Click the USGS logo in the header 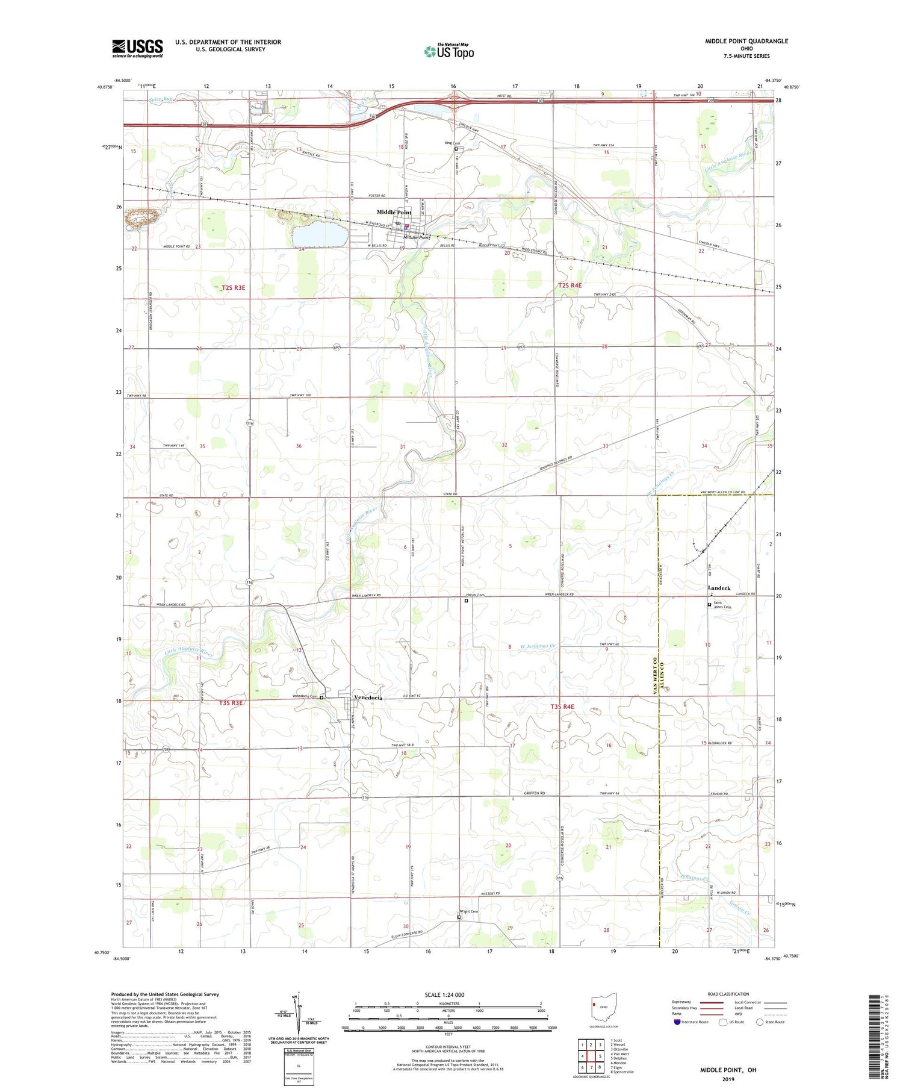click(137, 48)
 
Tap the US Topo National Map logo click(449, 51)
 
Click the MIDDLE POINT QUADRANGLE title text click(746, 42)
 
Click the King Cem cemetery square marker click(456, 149)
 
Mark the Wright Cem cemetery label click(469, 911)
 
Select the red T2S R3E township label click(233, 288)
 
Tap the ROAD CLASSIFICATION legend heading click(728, 994)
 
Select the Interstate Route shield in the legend click(677, 1022)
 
